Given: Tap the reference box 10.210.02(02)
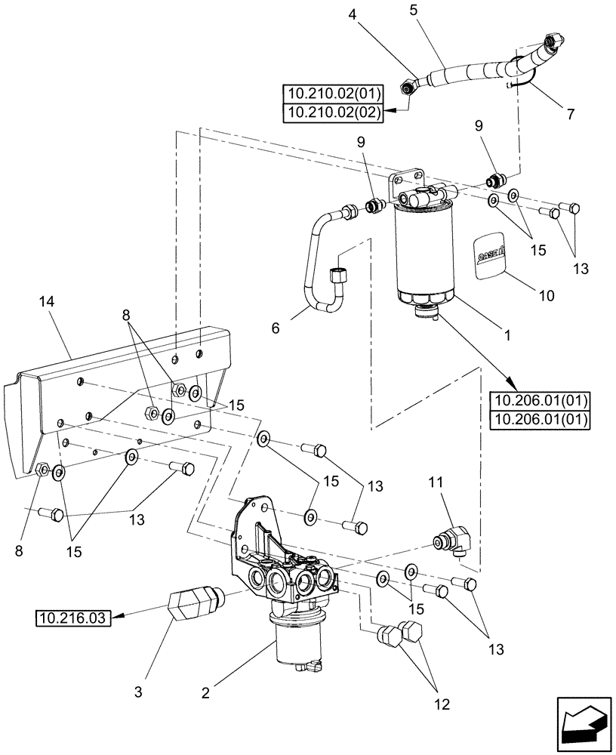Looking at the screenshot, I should click(333, 112).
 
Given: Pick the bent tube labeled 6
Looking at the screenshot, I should click(321, 264).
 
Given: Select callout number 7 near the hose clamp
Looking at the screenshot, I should click(570, 114).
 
